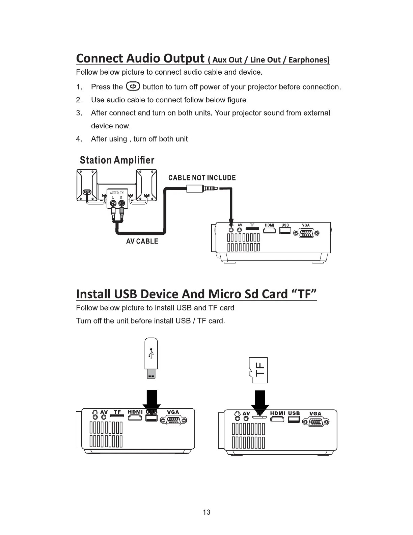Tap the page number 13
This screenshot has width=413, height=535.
[x=206, y=512]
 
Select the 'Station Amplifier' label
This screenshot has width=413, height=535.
[x=117, y=160]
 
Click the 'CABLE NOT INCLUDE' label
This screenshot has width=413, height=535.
[x=202, y=178]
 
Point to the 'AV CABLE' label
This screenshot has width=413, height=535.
[x=142, y=241]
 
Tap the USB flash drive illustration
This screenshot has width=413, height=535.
[x=151, y=358]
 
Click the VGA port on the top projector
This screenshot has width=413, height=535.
[x=306, y=233]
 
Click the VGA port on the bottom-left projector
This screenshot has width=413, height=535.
[x=173, y=421]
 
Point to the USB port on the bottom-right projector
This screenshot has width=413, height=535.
[x=294, y=420]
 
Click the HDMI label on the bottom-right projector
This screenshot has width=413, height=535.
[x=278, y=413]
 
